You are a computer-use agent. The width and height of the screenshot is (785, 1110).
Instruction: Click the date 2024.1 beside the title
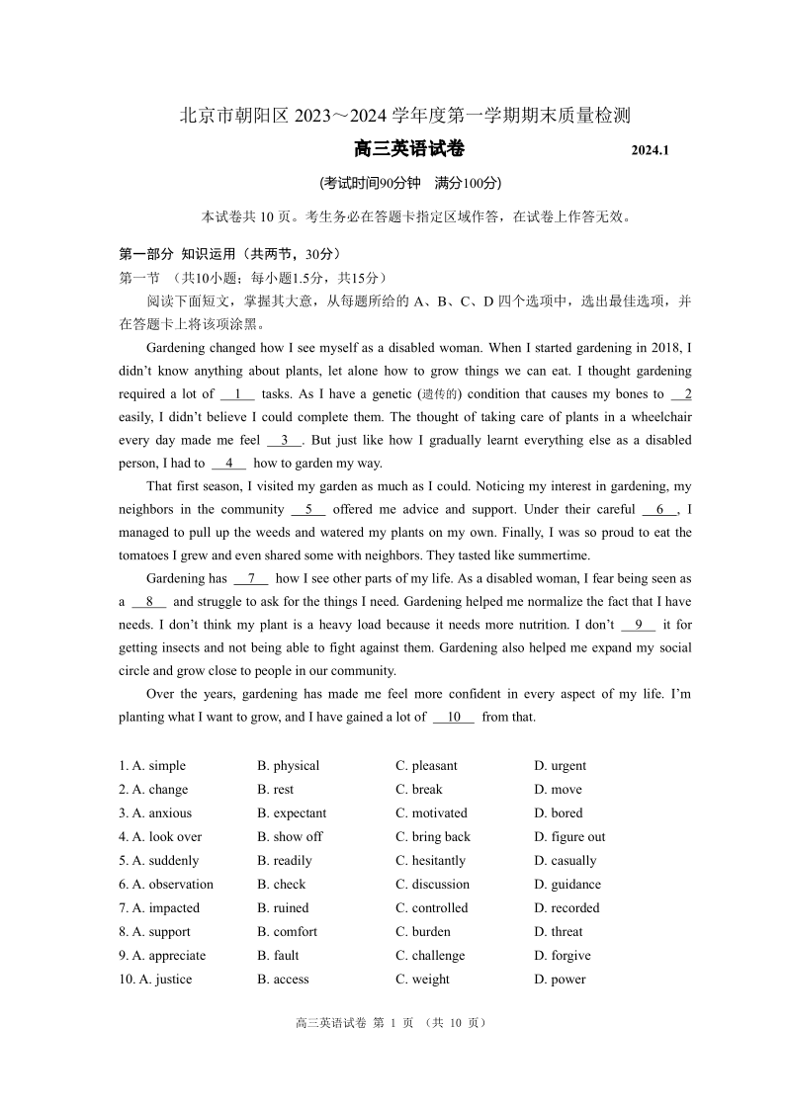click(x=651, y=151)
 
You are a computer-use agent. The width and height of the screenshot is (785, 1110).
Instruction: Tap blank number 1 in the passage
click(x=237, y=393)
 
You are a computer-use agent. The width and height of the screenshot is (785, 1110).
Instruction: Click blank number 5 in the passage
click(x=308, y=509)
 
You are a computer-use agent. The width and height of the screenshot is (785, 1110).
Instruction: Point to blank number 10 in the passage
click(x=454, y=717)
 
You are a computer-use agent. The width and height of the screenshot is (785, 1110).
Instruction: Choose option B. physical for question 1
click(x=288, y=765)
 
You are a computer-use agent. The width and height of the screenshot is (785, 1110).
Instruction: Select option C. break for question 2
click(x=419, y=789)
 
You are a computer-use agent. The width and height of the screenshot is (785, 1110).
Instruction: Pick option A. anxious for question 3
click(x=155, y=812)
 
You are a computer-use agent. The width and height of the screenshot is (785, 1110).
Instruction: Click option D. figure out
click(x=569, y=836)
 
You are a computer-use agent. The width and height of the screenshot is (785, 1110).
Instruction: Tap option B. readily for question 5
click(x=284, y=860)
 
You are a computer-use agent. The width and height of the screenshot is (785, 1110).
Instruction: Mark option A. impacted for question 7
click(x=159, y=907)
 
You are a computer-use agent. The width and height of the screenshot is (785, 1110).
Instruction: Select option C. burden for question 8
click(x=423, y=931)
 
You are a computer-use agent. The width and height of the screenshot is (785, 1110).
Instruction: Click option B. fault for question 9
click(x=278, y=955)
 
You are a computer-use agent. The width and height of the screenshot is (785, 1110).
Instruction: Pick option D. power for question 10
click(x=560, y=979)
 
